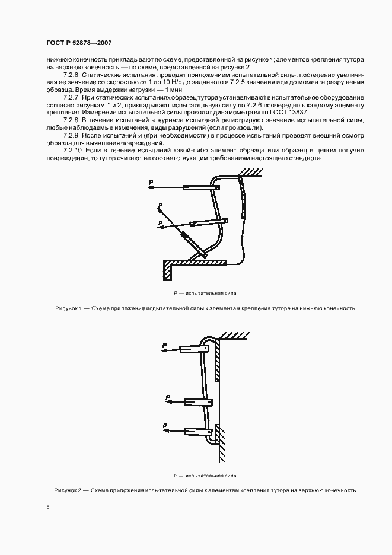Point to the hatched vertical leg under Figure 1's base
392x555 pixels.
point(168,272)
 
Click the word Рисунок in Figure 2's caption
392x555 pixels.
point(65,490)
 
